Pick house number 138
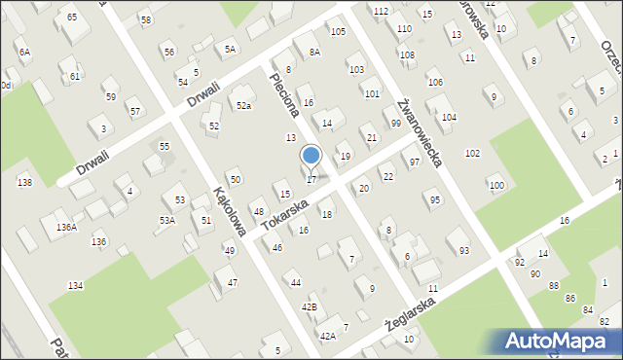pyautogui.click(x=24, y=182)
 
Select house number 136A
pyautogui.click(x=65, y=227)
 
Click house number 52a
pyautogui.click(x=243, y=105)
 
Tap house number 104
pyautogui.click(x=449, y=117)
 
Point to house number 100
pyautogui.click(x=496, y=185)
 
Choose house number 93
pyautogui.click(x=463, y=251)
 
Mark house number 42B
pyautogui.click(x=309, y=306)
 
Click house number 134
pyautogui.click(x=75, y=285)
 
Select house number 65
pyautogui.click(x=71, y=18)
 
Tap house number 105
pyautogui.click(x=337, y=32)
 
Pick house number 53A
pyautogui.click(x=167, y=221)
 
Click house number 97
pyautogui.click(x=415, y=162)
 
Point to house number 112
pyautogui.click(x=380, y=10)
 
